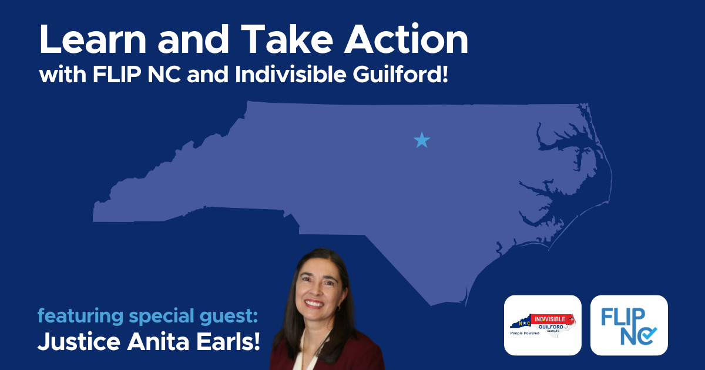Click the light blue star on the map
click(x=422, y=140)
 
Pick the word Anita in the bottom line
click(x=146, y=342)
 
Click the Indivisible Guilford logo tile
click(x=542, y=325)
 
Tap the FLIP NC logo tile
click(x=629, y=325)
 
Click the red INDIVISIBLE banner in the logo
click(x=550, y=318)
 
